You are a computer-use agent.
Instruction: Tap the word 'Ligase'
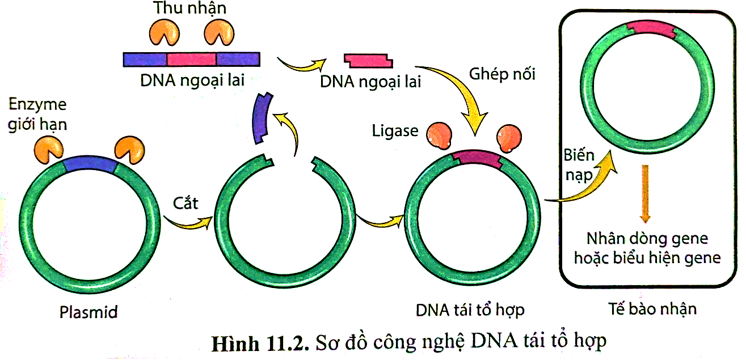(x=395, y=131)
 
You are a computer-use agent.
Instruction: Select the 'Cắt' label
(x=186, y=202)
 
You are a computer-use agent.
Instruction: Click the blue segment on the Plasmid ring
(x=90, y=165)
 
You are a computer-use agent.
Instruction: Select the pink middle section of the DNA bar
(x=192, y=59)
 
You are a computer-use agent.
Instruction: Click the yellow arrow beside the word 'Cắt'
(x=187, y=222)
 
